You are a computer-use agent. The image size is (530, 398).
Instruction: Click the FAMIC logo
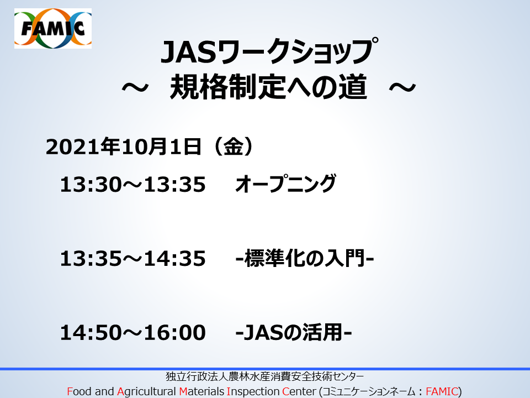(x=53, y=28)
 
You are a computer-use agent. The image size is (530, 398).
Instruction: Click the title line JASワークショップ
(x=269, y=52)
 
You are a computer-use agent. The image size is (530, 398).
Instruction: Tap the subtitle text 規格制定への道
(x=268, y=87)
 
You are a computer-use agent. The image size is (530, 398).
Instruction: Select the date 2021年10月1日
(x=124, y=147)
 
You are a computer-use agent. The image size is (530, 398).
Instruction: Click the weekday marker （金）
(x=233, y=147)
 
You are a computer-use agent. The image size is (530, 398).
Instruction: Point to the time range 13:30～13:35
(x=133, y=185)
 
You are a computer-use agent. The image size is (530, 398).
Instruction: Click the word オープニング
(x=285, y=184)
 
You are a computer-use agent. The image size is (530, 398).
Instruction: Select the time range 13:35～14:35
(x=133, y=259)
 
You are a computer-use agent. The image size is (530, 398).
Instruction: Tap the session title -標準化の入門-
(x=305, y=258)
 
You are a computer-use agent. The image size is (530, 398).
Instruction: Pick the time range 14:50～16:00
(x=133, y=332)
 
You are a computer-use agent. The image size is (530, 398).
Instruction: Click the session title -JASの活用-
(x=293, y=332)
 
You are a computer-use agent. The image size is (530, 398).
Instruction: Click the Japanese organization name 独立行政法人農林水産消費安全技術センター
(x=265, y=376)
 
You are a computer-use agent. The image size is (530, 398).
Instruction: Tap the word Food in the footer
(x=79, y=391)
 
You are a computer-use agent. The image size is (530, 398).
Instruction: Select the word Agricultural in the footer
(x=146, y=392)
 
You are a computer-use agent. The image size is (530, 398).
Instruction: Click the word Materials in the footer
(x=202, y=391)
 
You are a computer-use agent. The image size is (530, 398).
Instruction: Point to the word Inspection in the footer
(x=253, y=392)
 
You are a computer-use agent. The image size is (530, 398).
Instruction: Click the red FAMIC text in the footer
(x=442, y=391)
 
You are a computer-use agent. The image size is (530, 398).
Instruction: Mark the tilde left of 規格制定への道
(x=135, y=88)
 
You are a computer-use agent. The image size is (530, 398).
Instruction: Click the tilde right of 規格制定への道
(x=402, y=88)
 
